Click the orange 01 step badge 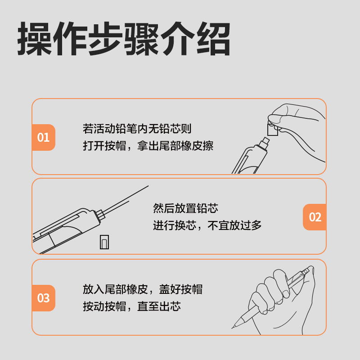pos(43,137)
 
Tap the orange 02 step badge pos(315,217)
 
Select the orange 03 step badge pos(43,298)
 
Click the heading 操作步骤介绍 pos(124,39)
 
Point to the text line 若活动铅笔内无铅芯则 pos(137,129)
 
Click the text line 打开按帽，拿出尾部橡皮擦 pos(148,146)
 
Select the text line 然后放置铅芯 pos(185,208)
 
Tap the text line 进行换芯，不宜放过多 pos(207,225)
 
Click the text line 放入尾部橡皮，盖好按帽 pos(143,289)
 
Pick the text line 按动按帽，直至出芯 pos(132,306)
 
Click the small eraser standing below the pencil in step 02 pos(104,242)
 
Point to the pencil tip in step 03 pos(235,325)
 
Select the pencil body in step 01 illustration pos(247,160)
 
